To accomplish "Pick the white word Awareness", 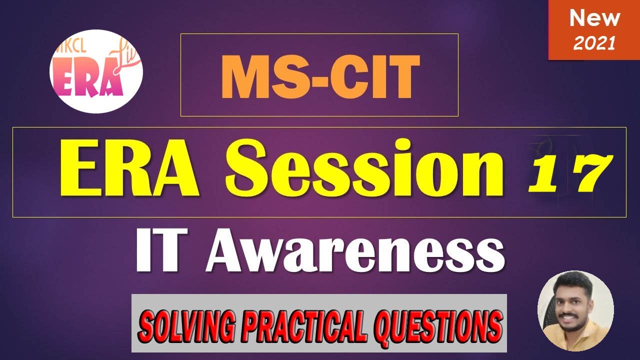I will click(x=354, y=254).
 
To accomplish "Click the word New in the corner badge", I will click(x=594, y=19).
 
